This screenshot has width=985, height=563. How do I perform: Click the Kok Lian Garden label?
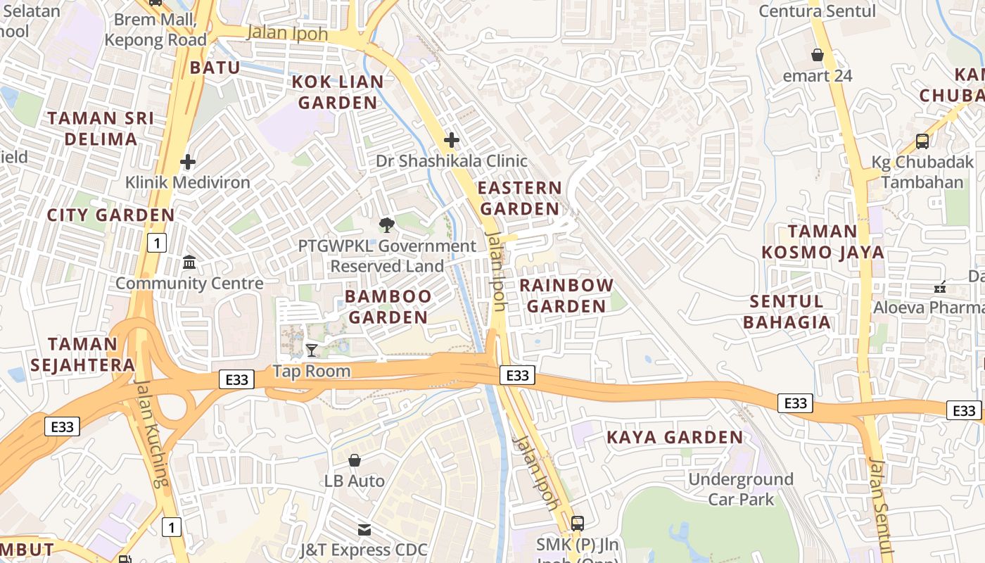pyautogui.click(x=338, y=92)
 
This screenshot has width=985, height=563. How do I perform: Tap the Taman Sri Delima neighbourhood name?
pyautogui.click(x=101, y=128)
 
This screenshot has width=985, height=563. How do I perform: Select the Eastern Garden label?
pyautogui.click(x=520, y=198)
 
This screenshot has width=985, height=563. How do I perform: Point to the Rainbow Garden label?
pyautogui.click(x=566, y=296)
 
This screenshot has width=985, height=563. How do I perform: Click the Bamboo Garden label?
pyautogui.click(x=388, y=307)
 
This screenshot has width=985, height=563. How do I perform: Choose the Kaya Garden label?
pyautogui.click(x=675, y=437)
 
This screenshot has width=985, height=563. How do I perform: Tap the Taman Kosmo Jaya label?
pyautogui.click(x=822, y=241)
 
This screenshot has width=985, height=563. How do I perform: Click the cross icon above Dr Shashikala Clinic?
pyautogui.click(x=452, y=140)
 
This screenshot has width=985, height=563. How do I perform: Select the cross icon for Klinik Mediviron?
pyautogui.click(x=188, y=162)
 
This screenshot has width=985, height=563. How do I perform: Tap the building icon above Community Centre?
pyautogui.click(x=189, y=262)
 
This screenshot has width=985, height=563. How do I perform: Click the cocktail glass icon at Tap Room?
pyautogui.click(x=312, y=350)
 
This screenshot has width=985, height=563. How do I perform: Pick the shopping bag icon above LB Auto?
pyautogui.click(x=355, y=460)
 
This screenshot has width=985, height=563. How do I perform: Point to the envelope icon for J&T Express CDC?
pyautogui.click(x=364, y=529)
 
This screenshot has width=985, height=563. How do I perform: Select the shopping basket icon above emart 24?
pyautogui.click(x=818, y=54)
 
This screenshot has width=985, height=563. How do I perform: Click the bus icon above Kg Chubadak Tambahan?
pyautogui.click(x=922, y=141)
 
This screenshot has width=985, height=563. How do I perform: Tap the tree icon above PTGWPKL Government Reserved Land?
pyautogui.click(x=386, y=225)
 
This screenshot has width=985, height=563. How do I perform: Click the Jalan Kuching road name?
pyautogui.click(x=152, y=433)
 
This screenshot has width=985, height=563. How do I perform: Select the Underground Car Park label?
pyautogui.click(x=740, y=489)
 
